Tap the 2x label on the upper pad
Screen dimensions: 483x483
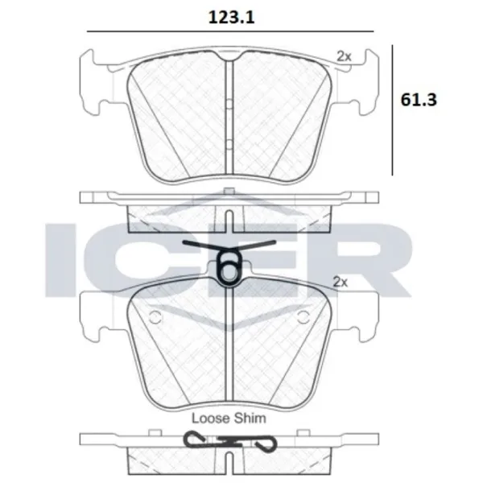tap(344, 56)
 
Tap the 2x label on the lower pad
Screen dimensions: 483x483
tap(341, 283)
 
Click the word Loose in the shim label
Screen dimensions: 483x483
tap(208, 418)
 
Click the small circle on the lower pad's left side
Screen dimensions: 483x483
tap(156, 315)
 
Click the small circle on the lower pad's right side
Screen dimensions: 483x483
tap(304, 315)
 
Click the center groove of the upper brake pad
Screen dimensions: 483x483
tap(229, 121)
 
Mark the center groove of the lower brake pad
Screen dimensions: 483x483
tap(229, 346)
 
